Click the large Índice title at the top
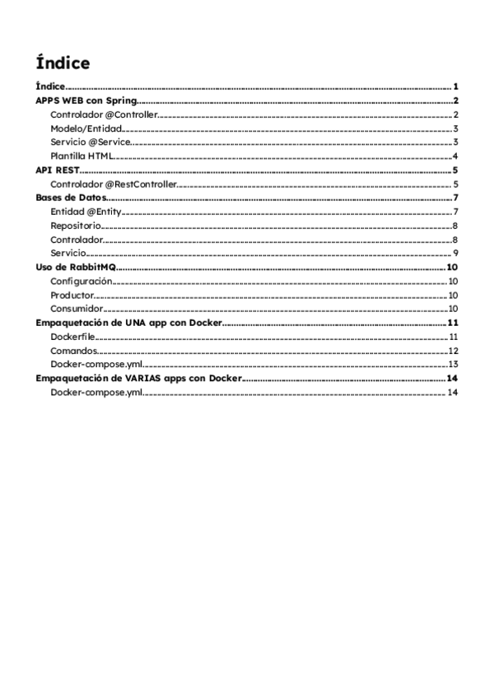(x=63, y=63)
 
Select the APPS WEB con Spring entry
(x=86, y=100)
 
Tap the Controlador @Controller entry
(x=103, y=114)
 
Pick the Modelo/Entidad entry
(x=86, y=128)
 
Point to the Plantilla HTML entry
(x=81, y=156)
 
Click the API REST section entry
(x=57, y=170)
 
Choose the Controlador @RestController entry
(x=113, y=184)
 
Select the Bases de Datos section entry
(x=72, y=198)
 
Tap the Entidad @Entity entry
(x=86, y=212)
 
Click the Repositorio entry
(x=76, y=226)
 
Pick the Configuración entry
(x=81, y=281)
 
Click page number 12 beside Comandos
(x=453, y=351)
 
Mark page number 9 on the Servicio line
(x=455, y=253)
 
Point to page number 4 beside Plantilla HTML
(x=455, y=156)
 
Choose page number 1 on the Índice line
(x=455, y=86)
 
